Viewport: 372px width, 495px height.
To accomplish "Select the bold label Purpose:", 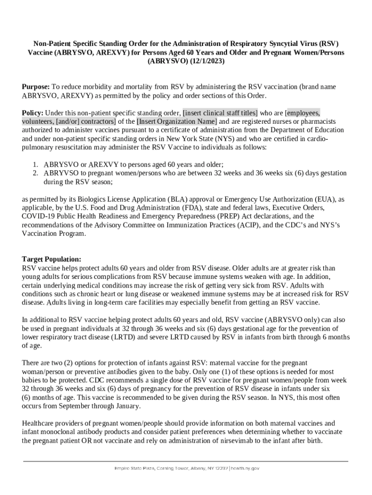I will coord(36,87).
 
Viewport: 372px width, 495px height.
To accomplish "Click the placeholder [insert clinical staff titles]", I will coord(220,113).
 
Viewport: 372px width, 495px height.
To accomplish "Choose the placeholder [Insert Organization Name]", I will coord(177,121).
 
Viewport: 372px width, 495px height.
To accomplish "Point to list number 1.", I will coord(35,164).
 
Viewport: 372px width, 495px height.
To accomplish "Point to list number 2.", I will coord(35,173).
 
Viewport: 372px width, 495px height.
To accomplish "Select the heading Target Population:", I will coord(52,259).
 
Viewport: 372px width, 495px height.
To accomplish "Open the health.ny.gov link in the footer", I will coord(246,468).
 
